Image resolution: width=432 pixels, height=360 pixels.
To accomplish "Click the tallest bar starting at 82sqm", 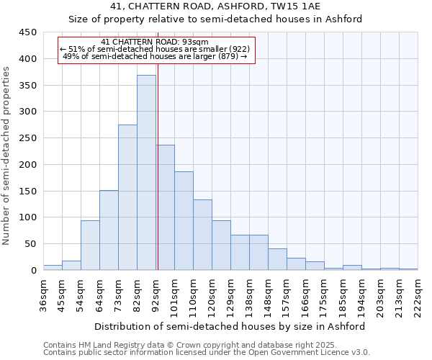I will tap(146, 173).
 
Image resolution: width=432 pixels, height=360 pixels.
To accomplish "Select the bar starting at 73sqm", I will tap(127, 198).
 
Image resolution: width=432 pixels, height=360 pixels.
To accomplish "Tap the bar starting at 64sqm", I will tap(109, 230).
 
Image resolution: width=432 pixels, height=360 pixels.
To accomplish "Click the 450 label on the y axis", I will tap(28, 32).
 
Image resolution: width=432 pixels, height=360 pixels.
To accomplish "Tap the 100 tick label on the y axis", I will tap(28, 217).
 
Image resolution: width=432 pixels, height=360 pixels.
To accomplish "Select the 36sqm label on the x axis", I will tap(43, 294).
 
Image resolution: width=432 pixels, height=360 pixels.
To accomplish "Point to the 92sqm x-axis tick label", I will tap(156, 294).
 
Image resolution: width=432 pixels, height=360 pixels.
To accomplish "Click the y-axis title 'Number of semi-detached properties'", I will tap(7, 155).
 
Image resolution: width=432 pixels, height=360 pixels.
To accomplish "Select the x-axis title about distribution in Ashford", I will tap(230, 326).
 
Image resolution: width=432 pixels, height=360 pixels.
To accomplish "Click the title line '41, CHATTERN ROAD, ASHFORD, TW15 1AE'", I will tap(230, 6).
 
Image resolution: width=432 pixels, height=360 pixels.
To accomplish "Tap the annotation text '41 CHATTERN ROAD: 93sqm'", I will tap(155, 42).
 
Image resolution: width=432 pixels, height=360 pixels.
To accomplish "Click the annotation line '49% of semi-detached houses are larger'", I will tap(155, 57).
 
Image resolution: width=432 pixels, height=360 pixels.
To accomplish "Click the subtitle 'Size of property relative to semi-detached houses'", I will tap(230, 19).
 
